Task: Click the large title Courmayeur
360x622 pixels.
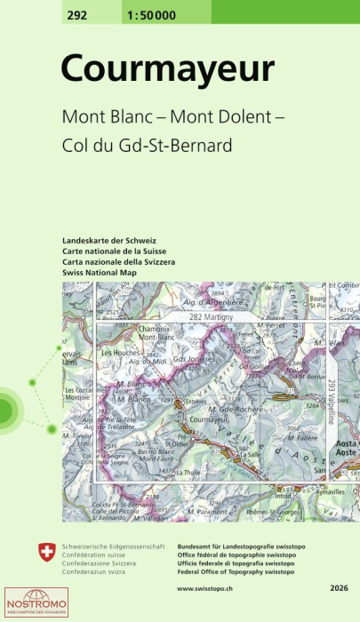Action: coord(168,70)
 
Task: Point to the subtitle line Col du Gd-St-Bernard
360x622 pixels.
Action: coord(146,145)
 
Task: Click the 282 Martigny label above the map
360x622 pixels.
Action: coord(211,317)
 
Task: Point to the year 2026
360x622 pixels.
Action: coord(337,588)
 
